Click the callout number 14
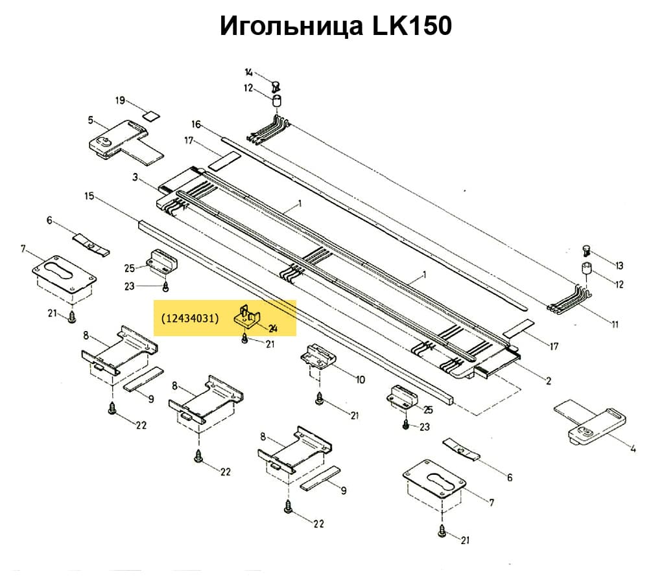[249, 72]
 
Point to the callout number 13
[619, 266]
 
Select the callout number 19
[120, 100]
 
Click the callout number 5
[91, 120]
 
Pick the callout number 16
[196, 124]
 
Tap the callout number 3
[135, 177]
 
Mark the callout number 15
[89, 195]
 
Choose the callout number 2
[549, 382]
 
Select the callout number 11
[615, 325]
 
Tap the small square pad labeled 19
[150, 117]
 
